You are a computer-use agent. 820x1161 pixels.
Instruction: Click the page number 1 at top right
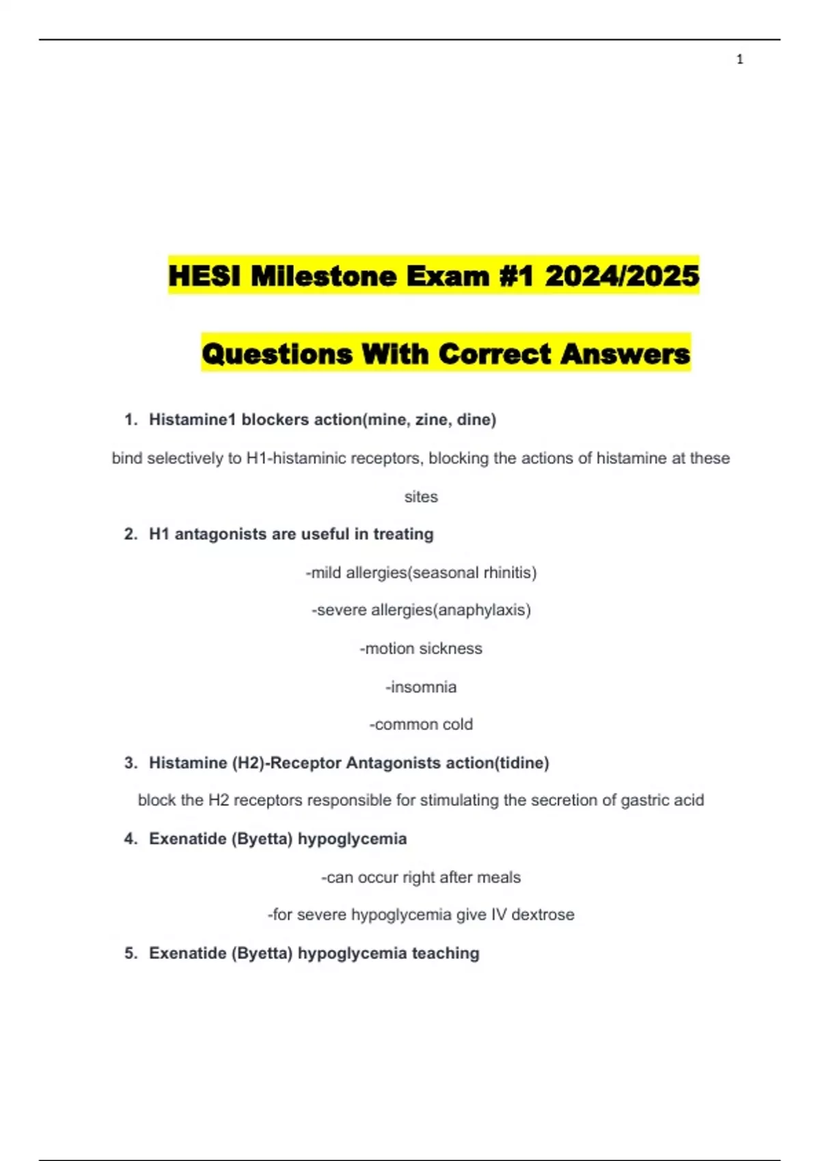click(739, 59)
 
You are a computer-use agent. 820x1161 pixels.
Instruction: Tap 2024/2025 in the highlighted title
click(622, 276)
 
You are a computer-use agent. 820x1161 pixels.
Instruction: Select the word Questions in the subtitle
click(277, 354)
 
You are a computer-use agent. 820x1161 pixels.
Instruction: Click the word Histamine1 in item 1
click(192, 419)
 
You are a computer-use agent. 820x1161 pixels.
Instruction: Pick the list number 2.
click(131, 534)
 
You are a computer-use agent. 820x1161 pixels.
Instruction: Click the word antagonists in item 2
click(221, 534)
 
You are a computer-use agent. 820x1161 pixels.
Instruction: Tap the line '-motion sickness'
click(421, 648)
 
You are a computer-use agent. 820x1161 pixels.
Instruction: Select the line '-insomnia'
click(421, 686)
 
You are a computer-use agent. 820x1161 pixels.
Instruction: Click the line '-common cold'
click(421, 724)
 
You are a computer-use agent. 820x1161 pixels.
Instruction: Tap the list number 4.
click(131, 839)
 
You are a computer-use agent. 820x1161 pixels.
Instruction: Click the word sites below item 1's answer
click(421, 496)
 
